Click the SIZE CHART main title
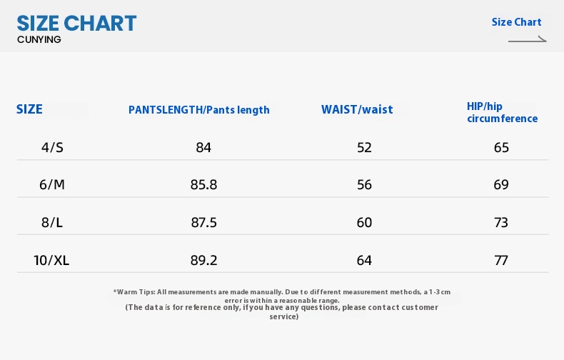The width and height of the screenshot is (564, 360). click(76, 24)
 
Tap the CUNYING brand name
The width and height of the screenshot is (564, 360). click(39, 39)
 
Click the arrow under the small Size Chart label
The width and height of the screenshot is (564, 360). click(528, 40)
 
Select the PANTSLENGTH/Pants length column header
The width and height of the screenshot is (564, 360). click(199, 110)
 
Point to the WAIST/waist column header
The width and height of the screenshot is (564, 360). click(357, 109)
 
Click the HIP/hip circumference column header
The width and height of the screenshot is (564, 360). click(502, 112)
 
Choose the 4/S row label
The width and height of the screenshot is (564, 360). click(52, 148)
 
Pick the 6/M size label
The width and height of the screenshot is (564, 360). click(52, 185)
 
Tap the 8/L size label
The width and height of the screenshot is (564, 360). click(52, 222)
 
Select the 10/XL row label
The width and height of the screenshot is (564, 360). click(51, 260)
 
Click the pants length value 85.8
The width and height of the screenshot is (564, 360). click(203, 185)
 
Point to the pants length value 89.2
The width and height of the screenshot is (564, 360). click(203, 260)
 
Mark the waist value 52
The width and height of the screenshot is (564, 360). click(364, 148)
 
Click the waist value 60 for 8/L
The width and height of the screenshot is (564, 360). click(364, 222)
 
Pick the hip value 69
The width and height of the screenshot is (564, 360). click(501, 185)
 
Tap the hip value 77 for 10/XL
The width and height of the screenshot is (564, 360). click(501, 260)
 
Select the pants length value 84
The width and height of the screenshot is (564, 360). click(203, 148)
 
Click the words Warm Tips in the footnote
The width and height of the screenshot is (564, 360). click(135, 292)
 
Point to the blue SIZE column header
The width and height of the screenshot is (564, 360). click(29, 109)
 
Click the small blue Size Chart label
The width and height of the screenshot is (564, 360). click(516, 22)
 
